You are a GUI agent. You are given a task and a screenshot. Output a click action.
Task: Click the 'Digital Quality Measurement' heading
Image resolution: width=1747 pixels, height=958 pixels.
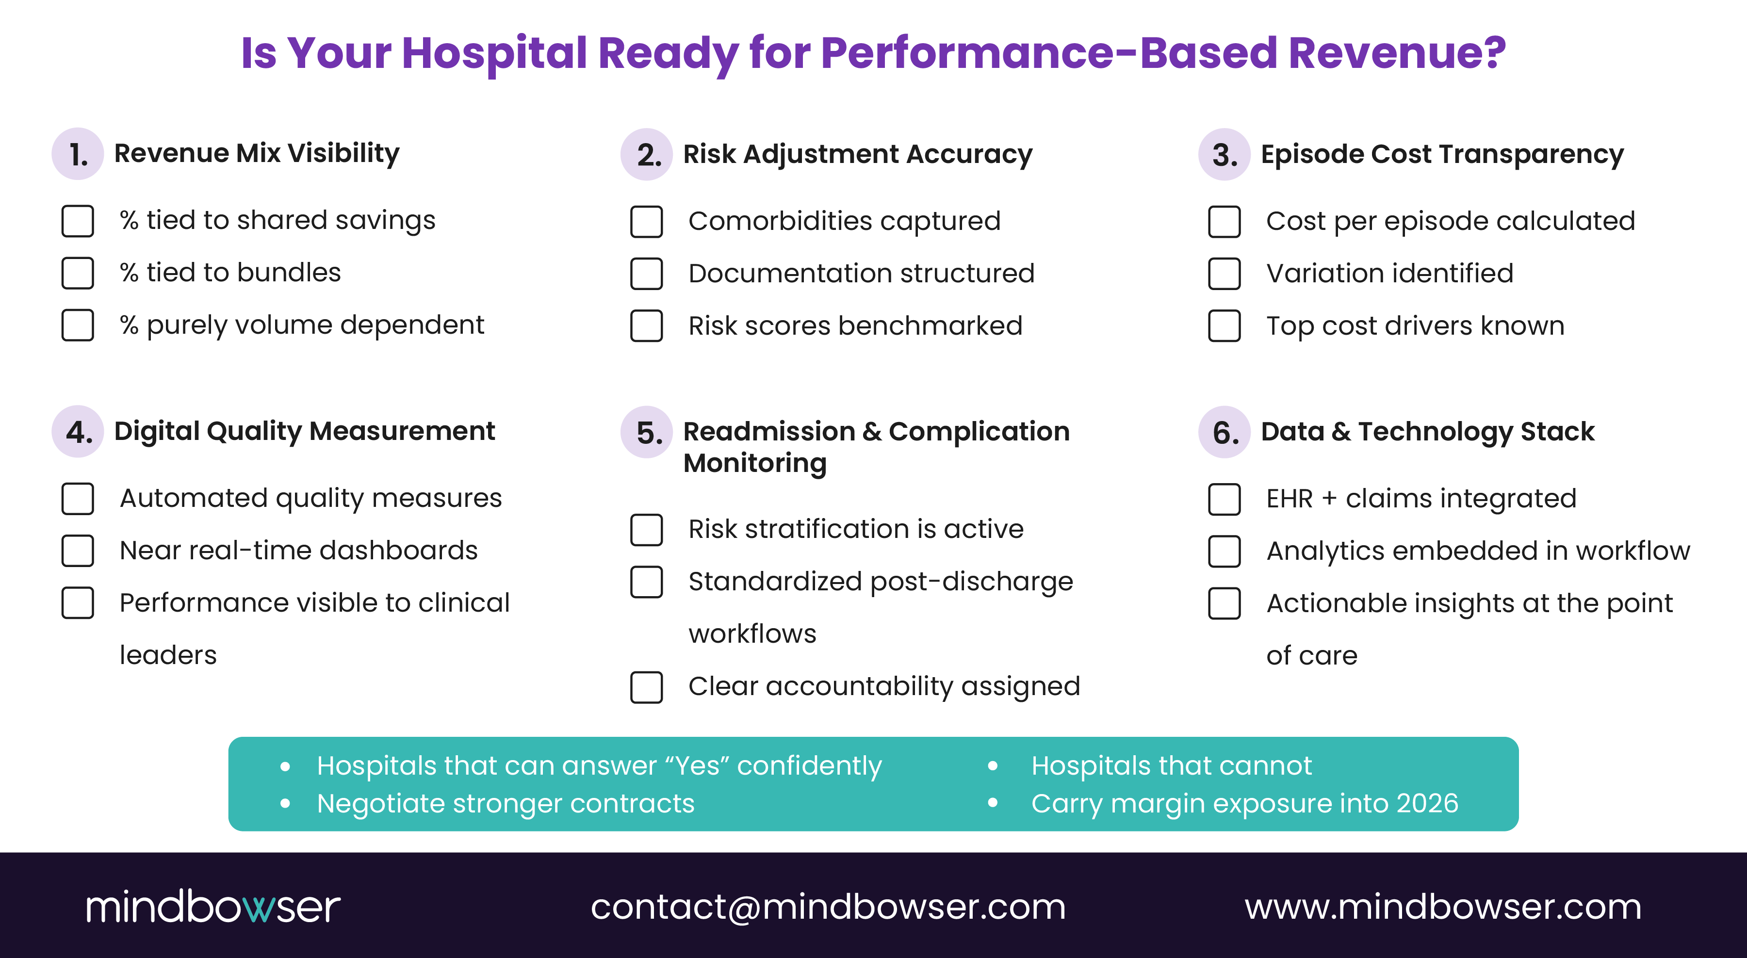click(305, 431)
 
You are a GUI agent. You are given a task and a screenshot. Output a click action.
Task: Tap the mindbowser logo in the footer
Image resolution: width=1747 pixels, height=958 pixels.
click(213, 907)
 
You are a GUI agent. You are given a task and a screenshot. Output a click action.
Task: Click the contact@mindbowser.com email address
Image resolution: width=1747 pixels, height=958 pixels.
click(828, 907)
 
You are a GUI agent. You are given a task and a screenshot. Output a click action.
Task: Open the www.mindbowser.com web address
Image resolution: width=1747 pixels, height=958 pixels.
click(1442, 907)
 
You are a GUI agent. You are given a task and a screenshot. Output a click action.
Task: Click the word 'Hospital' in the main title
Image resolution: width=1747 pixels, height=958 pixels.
click(494, 53)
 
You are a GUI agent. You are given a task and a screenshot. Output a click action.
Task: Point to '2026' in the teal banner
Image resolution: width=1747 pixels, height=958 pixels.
click(1427, 803)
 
